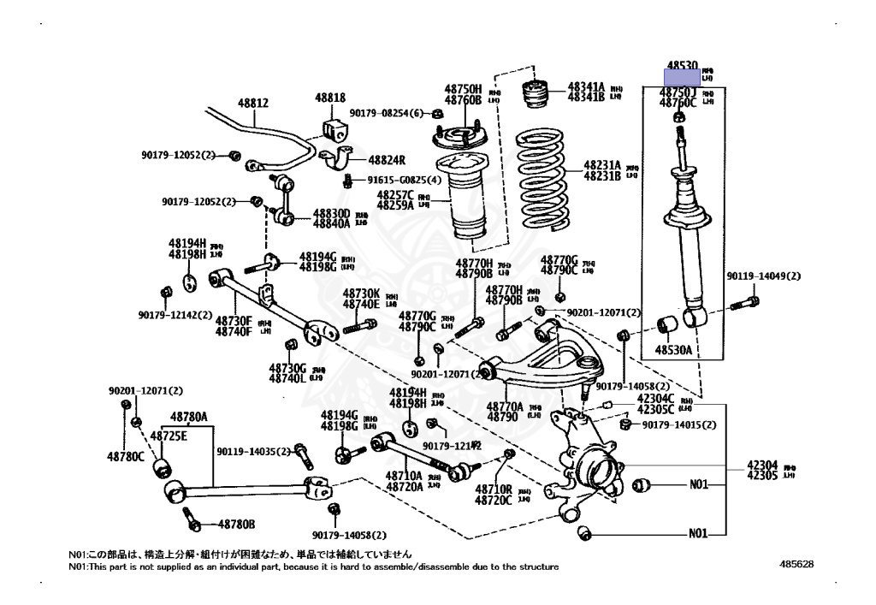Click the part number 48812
[253, 103]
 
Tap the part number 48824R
[387, 159]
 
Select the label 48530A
[673, 349]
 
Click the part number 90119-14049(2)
[764, 276]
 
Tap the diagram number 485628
[796, 565]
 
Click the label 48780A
[188, 418]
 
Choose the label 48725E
[169, 436]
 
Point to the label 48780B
[236, 524]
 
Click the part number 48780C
[126, 456]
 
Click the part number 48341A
[586, 87]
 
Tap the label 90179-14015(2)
[678, 425]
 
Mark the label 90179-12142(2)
[175, 314]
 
